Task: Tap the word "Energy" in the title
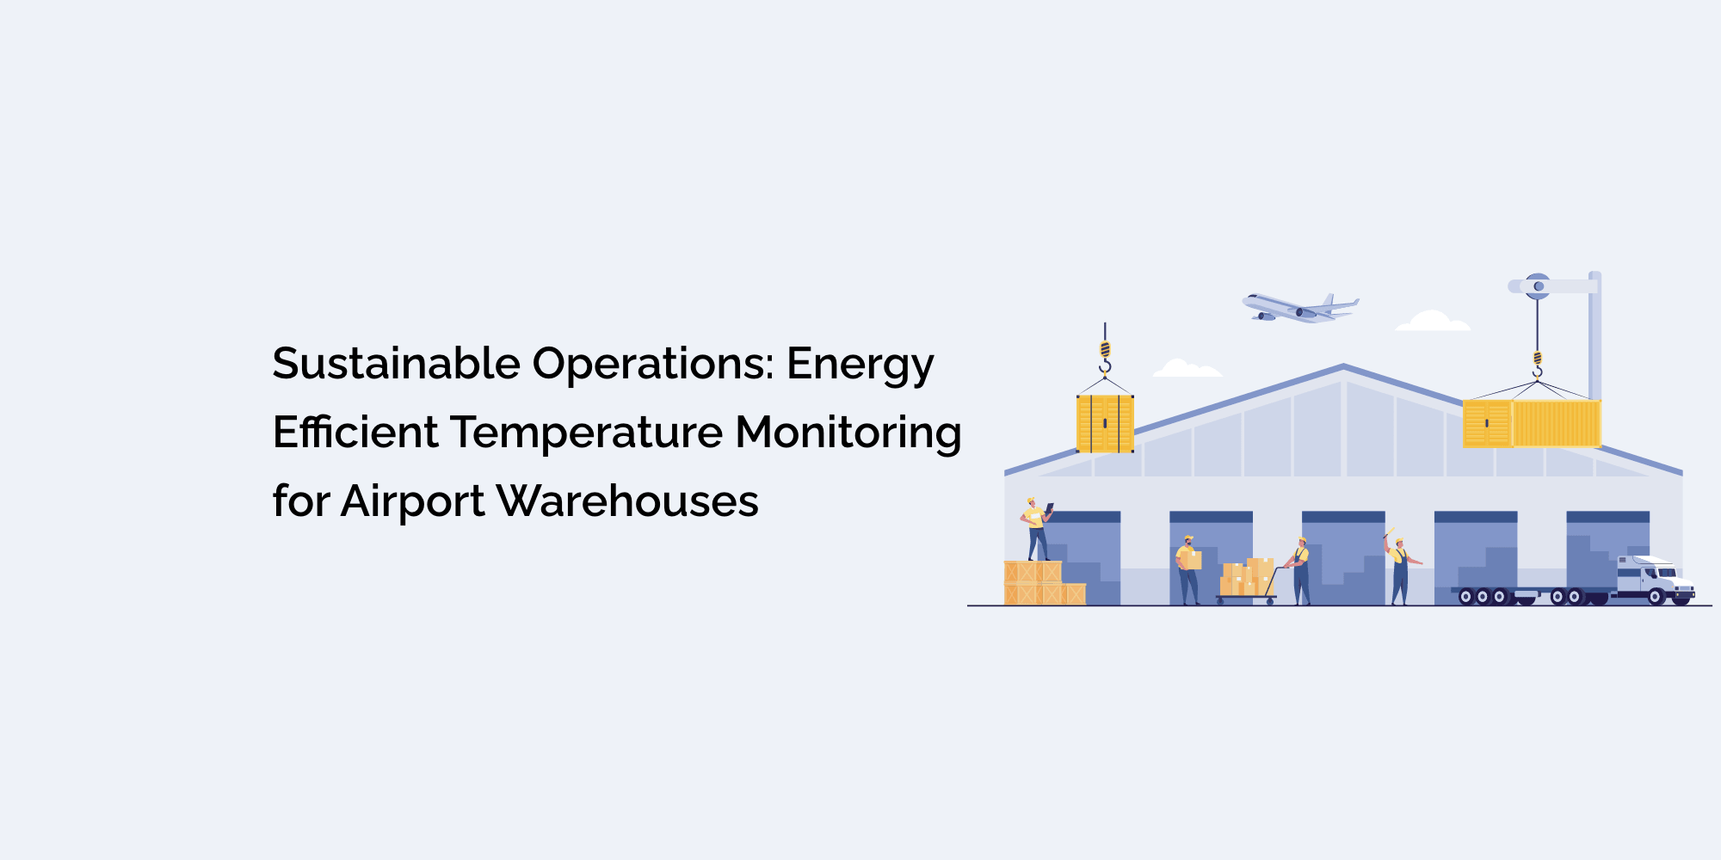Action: click(860, 365)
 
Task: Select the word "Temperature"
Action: click(586, 432)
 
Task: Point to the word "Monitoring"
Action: click(848, 433)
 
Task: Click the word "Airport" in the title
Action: click(412, 502)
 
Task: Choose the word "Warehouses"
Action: click(627, 501)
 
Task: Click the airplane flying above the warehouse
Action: click(1299, 308)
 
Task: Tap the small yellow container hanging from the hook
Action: click(1105, 423)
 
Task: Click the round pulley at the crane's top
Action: click(1538, 286)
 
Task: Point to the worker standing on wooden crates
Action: click(1036, 529)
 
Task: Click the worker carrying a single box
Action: click(1188, 569)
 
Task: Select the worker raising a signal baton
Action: click(1400, 569)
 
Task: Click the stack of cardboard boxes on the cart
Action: click(1247, 579)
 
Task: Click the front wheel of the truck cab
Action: click(1656, 597)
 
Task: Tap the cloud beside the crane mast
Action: click(1433, 322)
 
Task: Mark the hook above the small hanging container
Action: click(1105, 358)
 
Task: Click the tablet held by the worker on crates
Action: click(1049, 507)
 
